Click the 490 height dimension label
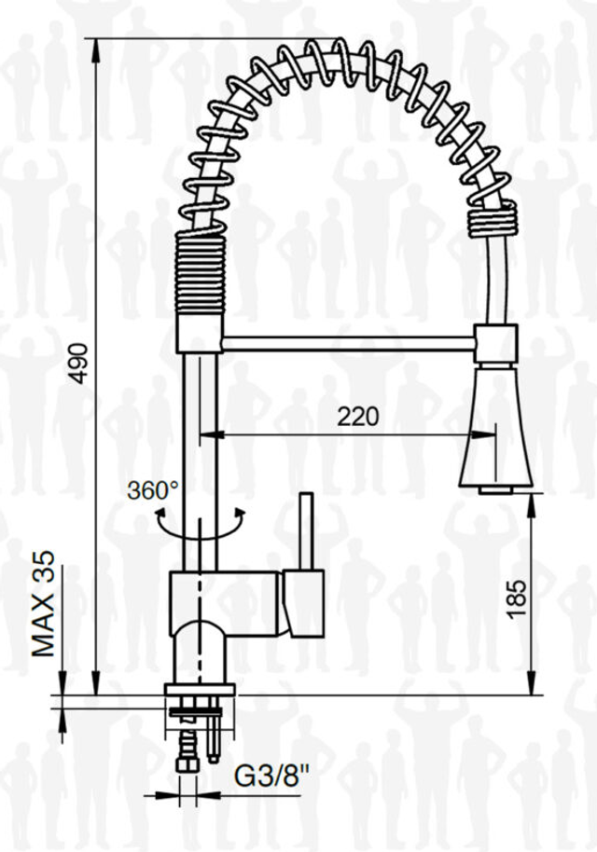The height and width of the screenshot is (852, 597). [x=80, y=364]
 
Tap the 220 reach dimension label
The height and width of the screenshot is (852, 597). [x=358, y=418]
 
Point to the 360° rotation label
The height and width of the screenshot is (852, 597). [x=153, y=490]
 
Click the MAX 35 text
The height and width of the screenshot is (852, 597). [x=44, y=604]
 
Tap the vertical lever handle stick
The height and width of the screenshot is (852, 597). [x=307, y=531]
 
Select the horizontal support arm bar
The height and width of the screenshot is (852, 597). [x=348, y=343]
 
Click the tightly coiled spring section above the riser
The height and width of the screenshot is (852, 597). [x=200, y=273]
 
